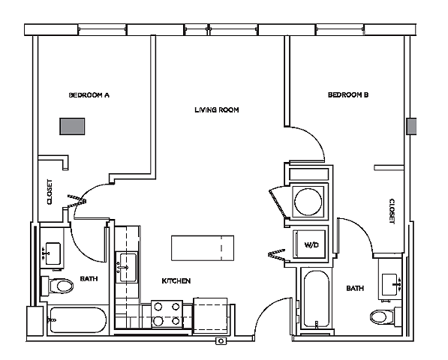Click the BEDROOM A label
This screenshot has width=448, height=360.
coord(89,95)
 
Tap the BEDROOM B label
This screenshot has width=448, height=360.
coord(348,95)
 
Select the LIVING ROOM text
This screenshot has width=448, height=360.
coord(216,110)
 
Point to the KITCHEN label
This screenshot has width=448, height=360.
coord(176,280)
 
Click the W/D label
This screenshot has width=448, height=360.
coord(308,245)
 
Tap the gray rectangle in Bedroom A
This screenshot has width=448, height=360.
coord(73,126)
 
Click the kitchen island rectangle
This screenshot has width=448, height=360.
coord(203,246)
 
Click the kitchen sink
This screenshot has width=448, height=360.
coord(127,265)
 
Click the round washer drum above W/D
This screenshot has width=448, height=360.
coord(308,202)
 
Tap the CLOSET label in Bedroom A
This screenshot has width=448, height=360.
coord(50,191)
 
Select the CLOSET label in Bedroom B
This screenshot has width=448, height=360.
coord(392,211)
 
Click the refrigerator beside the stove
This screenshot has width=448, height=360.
coord(209,314)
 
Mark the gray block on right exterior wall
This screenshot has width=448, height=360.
coord(410,126)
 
